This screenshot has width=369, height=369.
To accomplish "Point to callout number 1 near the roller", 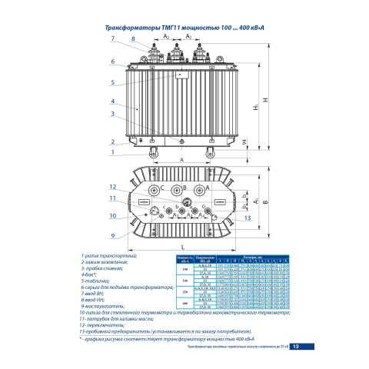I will [x=111, y=152].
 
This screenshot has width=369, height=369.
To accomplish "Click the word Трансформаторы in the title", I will [x=125, y=26].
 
